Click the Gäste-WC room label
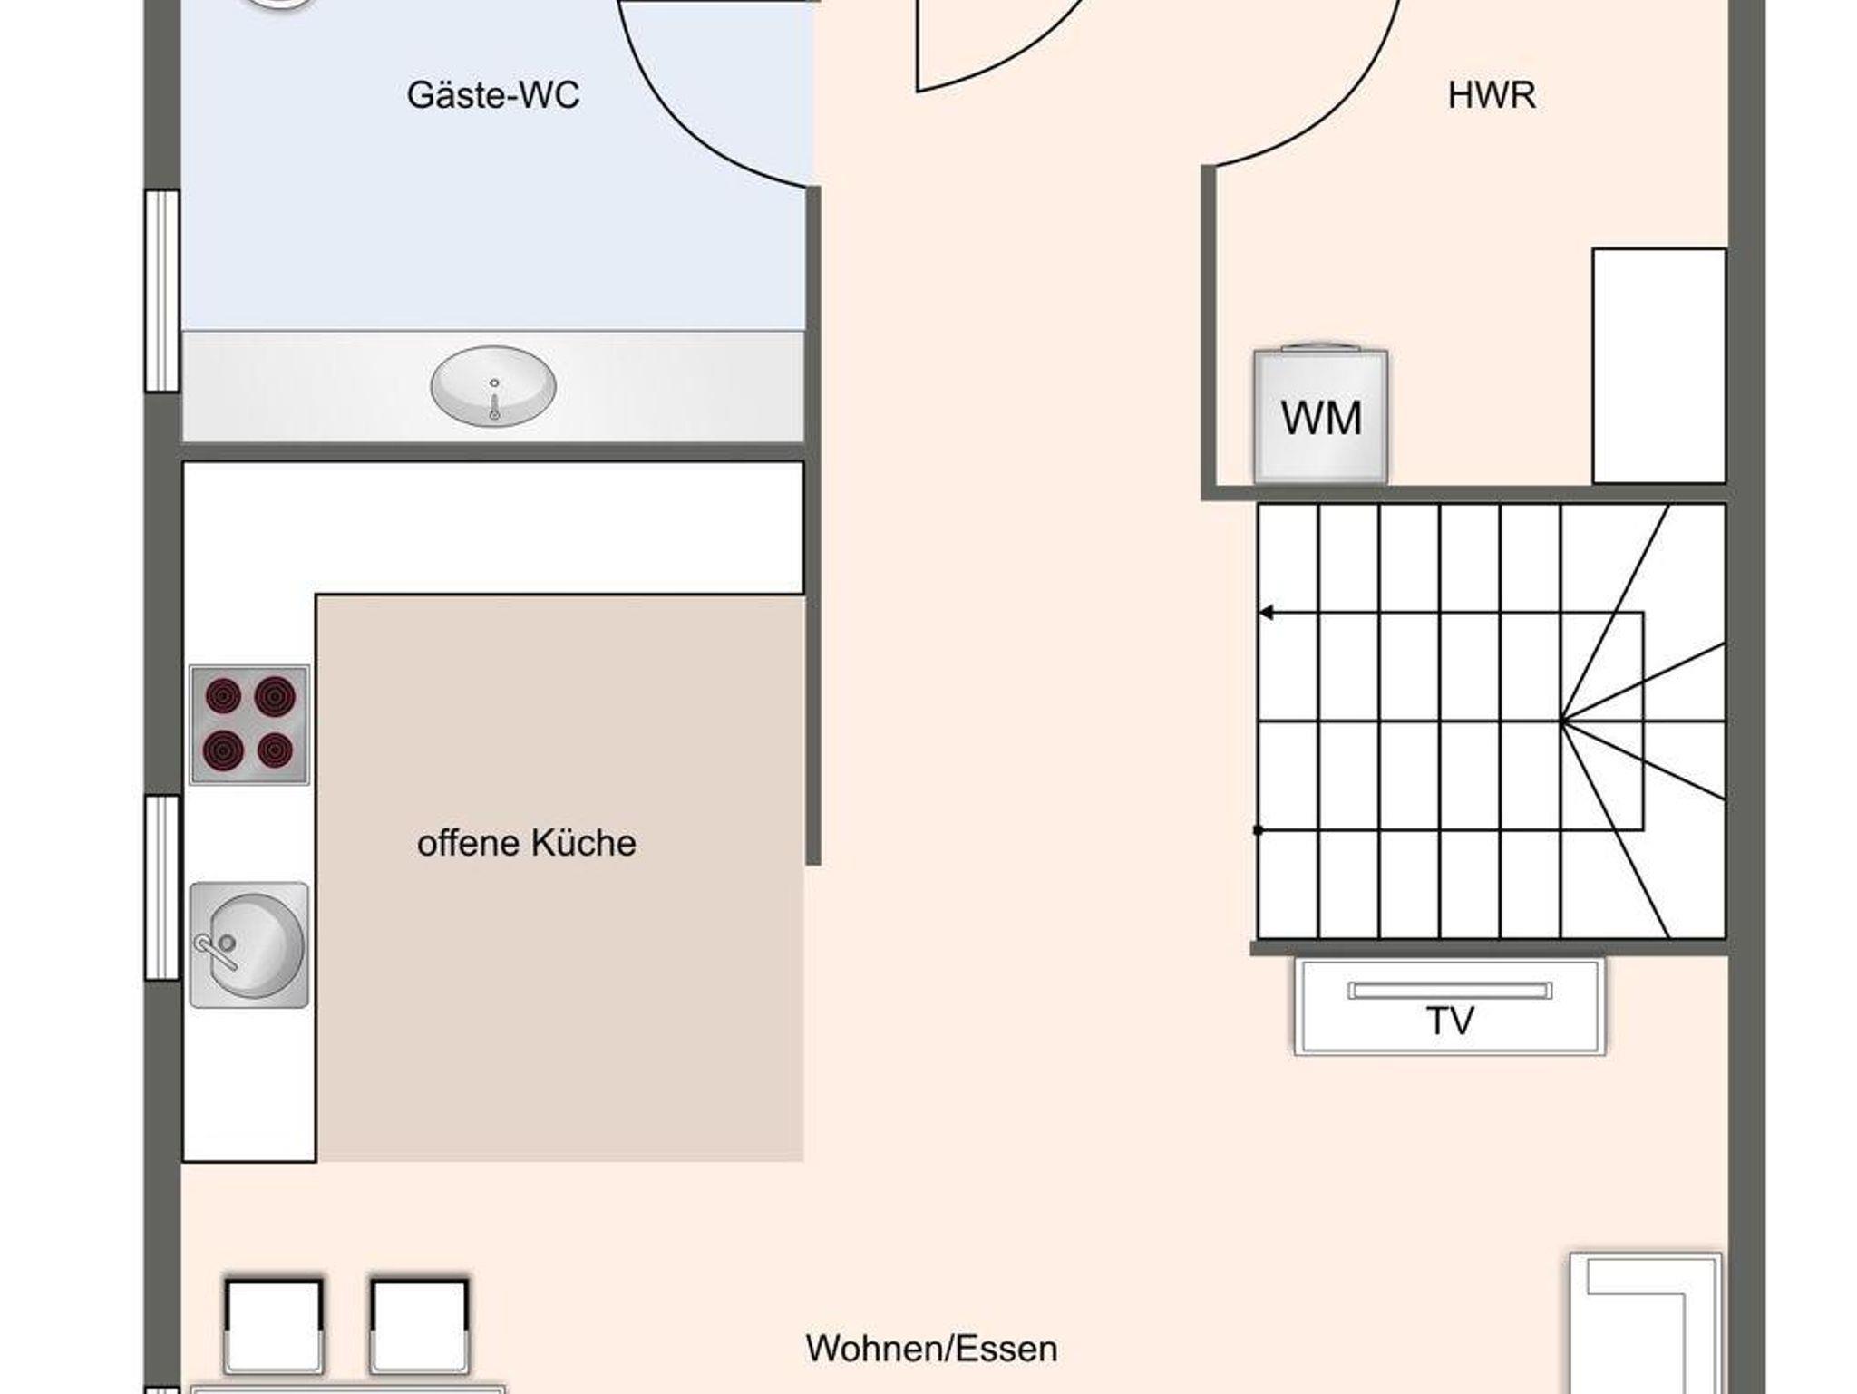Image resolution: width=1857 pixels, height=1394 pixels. [x=493, y=95]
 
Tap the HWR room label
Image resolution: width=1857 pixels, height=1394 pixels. [x=1492, y=95]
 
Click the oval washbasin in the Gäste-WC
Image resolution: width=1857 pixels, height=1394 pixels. [x=493, y=386]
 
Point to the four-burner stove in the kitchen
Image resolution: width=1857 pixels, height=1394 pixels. [x=249, y=725]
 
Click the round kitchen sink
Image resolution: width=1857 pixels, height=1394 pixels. [x=249, y=945]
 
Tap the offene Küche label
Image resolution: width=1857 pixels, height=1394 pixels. [x=527, y=844]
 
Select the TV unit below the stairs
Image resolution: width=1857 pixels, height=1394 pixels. [x=1450, y=1006]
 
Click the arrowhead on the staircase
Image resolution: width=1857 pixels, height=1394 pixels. [x=1266, y=614]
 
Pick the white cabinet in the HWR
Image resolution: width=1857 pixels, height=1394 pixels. [x=1659, y=366]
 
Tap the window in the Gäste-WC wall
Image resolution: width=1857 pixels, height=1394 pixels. [x=163, y=291]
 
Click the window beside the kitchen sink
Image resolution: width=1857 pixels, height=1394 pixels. [x=163, y=887]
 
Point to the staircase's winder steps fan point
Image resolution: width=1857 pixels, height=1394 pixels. [x=1561, y=721]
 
